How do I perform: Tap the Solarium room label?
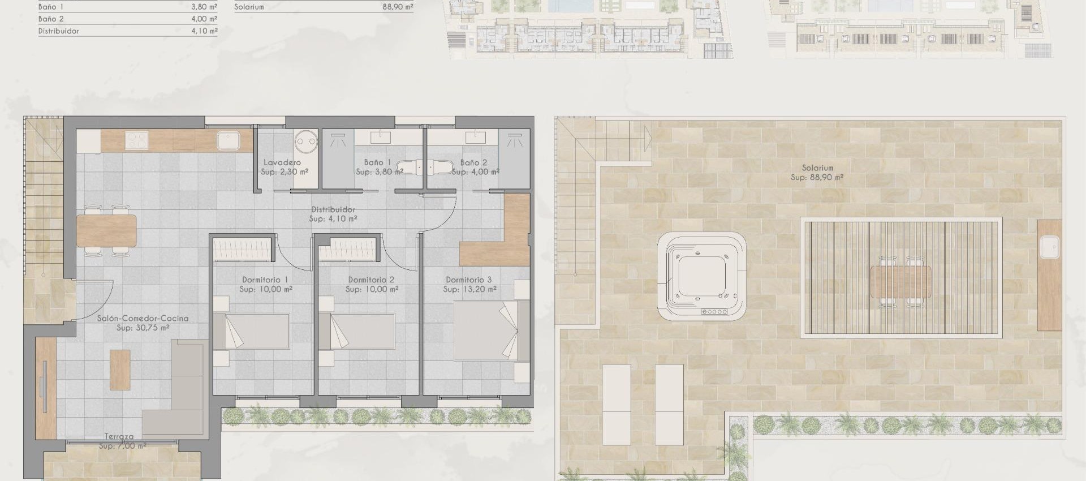pyautogui.click(x=817, y=168)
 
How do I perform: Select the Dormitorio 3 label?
pyautogui.click(x=468, y=280)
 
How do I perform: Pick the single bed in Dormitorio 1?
pyautogui.click(x=252, y=331)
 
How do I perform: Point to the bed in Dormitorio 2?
pyautogui.click(x=357, y=331)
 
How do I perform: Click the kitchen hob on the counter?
pyautogui.click(x=136, y=140)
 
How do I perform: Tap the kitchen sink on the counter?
pyautogui.click(x=229, y=140)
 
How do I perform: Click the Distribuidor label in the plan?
pyautogui.click(x=333, y=209)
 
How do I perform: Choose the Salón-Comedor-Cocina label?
pyautogui.click(x=143, y=319)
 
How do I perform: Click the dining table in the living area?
pyautogui.click(x=106, y=231)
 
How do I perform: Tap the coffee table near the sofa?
pyautogui.click(x=120, y=370)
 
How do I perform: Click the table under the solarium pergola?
pyautogui.click(x=900, y=281)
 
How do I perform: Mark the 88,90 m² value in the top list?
pyautogui.click(x=398, y=7)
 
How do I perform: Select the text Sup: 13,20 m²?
pyautogui.click(x=469, y=289)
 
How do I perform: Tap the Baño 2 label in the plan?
pyautogui.click(x=473, y=162)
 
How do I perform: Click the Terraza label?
pyautogui.click(x=119, y=437)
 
